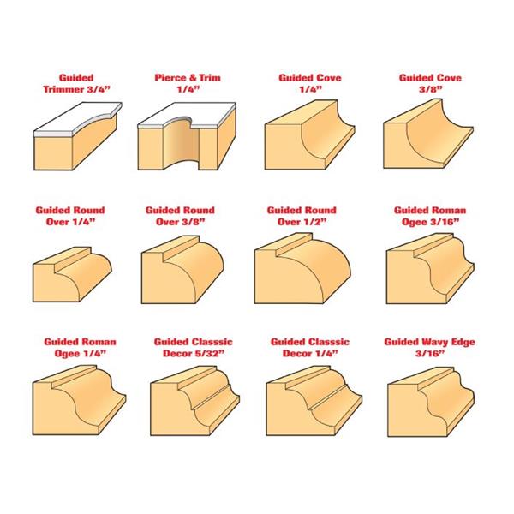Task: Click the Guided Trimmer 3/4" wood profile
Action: click(x=78, y=136)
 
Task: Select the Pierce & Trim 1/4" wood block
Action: click(x=187, y=136)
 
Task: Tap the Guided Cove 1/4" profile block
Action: click(x=309, y=135)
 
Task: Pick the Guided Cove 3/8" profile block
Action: click(x=428, y=134)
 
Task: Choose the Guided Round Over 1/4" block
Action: click(x=72, y=274)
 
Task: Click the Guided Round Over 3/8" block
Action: click(x=182, y=270)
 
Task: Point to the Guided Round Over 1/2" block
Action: click(x=302, y=268)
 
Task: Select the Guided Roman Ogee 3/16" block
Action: click(x=430, y=268)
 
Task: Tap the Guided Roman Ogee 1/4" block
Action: click(x=79, y=400)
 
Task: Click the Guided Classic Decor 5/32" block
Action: click(x=194, y=401)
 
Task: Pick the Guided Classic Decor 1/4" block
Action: click(x=314, y=401)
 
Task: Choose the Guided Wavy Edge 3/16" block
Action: click(x=431, y=402)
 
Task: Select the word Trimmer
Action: click(x=63, y=89)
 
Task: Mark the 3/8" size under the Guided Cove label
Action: click(x=430, y=89)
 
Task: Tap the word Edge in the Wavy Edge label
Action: click(x=463, y=343)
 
